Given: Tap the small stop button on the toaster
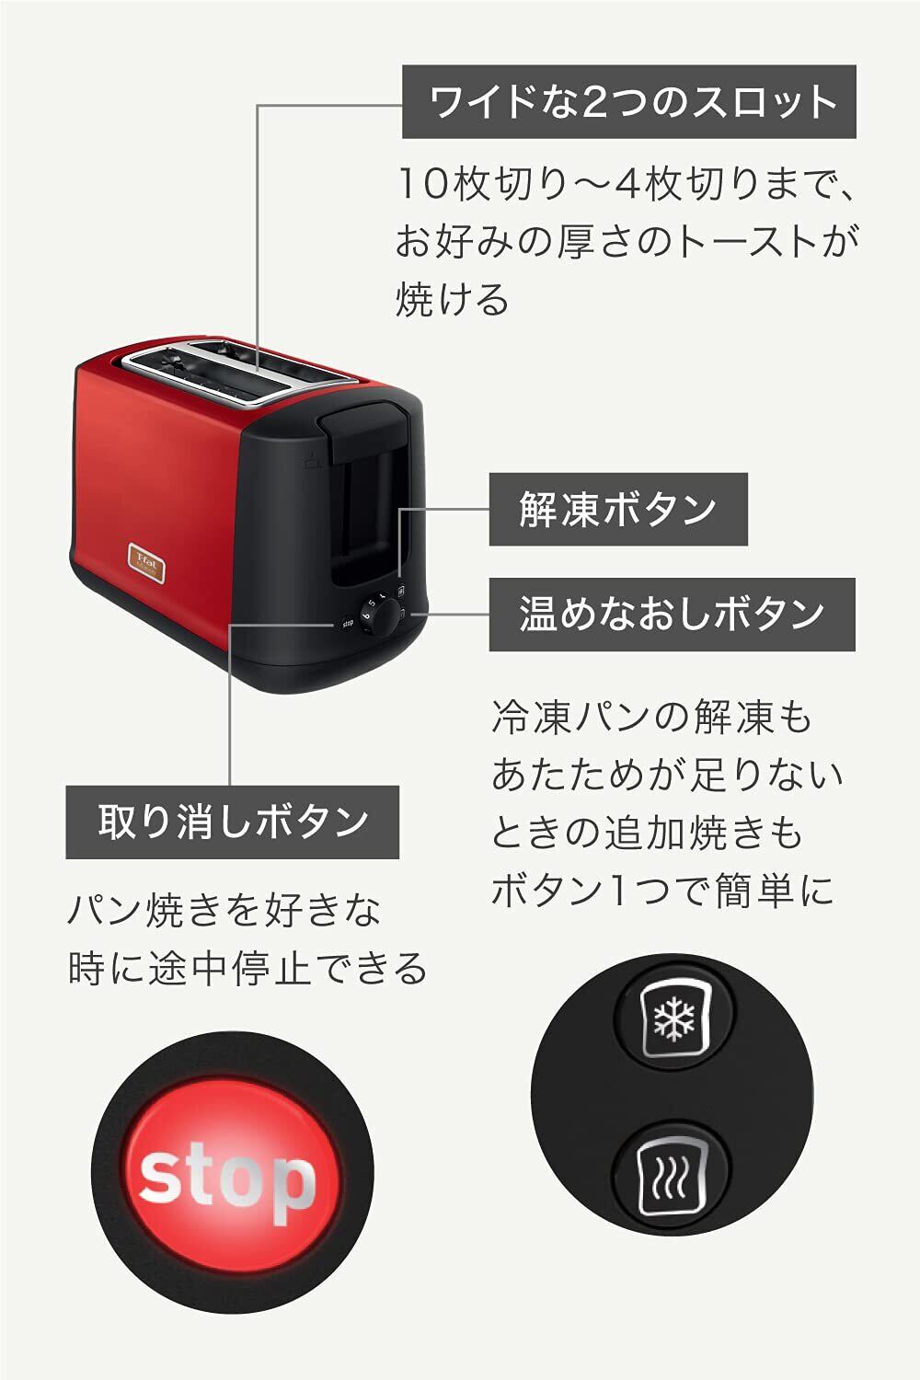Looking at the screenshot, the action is pos(347,623).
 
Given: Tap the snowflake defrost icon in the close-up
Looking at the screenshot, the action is pos(674,1018).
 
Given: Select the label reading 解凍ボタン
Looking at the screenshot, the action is pos(617,509).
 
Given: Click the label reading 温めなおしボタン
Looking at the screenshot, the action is pos(672,614).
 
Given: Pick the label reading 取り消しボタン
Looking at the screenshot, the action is pos(232,822).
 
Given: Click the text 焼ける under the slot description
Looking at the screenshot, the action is pos(452,301).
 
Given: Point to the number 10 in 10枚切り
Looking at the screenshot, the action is pos(422,185).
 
